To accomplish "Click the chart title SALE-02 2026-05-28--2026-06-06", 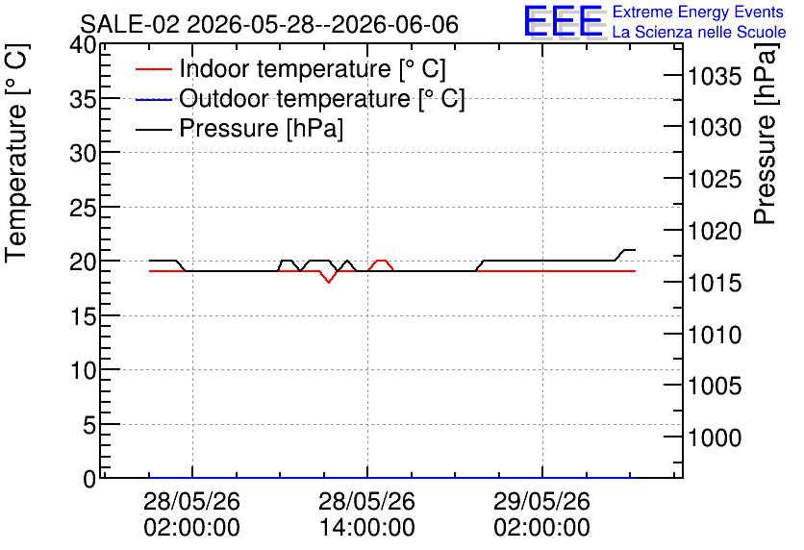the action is (x=269, y=24).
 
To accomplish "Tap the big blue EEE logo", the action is (x=564, y=21).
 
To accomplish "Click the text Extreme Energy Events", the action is (x=698, y=12).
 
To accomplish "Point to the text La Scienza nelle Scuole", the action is (x=699, y=32).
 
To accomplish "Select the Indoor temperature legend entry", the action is (x=290, y=68).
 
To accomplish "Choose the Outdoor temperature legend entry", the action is (x=300, y=98).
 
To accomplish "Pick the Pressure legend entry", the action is (x=239, y=128).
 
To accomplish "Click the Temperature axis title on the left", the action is (x=16, y=153).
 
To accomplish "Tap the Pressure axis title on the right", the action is (x=765, y=134).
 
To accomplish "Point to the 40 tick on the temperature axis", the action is (x=83, y=45).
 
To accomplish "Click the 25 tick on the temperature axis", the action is (x=83, y=208).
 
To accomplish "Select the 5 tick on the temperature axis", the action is (x=89, y=425).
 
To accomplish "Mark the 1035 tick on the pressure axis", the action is (x=715, y=77).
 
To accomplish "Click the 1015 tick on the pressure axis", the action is (x=715, y=283).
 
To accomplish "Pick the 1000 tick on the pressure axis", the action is (x=715, y=437).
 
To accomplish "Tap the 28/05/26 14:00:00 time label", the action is (x=367, y=514).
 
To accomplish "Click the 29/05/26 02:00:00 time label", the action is (x=542, y=514).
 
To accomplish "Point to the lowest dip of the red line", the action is (x=329, y=282).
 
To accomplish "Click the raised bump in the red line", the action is (x=381, y=261).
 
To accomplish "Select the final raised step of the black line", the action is (x=629, y=250).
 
